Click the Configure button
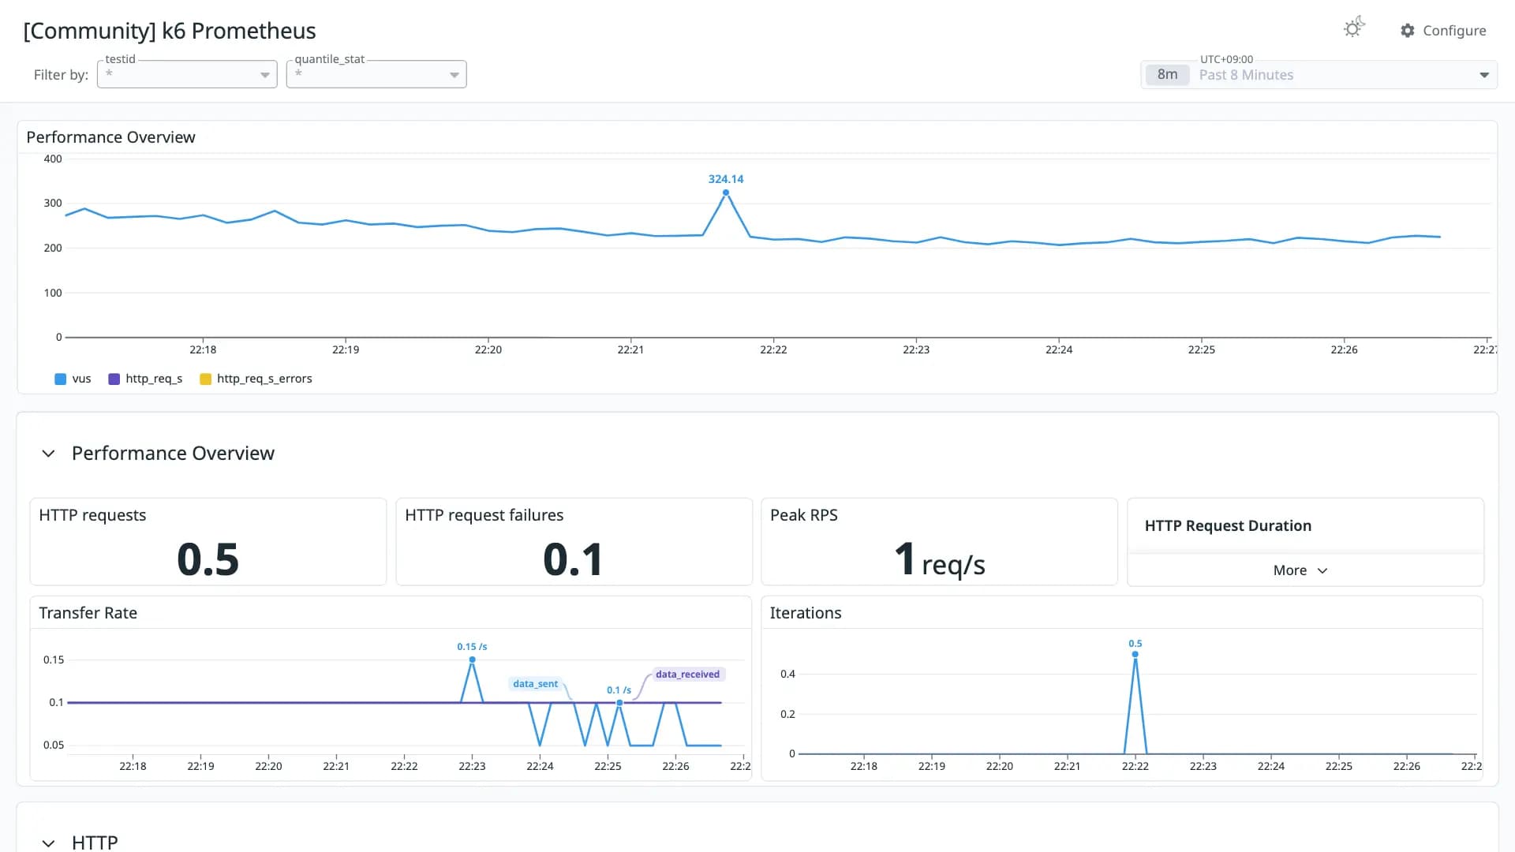click(1443, 30)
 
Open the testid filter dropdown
click(187, 74)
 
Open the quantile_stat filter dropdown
click(376, 74)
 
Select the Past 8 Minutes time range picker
click(1319, 75)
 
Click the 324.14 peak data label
click(726, 179)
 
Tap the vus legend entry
click(73, 379)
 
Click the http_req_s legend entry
click(145, 379)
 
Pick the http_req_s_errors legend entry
click(256, 379)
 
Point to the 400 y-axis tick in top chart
click(53, 159)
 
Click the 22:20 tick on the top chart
click(488, 349)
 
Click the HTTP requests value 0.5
click(208, 559)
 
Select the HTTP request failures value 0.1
click(574, 559)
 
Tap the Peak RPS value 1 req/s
click(940, 561)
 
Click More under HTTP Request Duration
click(1300, 570)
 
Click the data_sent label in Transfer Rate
click(535, 684)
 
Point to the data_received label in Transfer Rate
click(688, 674)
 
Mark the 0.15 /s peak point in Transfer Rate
click(472, 660)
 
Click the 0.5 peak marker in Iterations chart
click(1135, 654)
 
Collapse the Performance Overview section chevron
click(48, 454)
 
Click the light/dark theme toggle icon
click(1354, 28)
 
